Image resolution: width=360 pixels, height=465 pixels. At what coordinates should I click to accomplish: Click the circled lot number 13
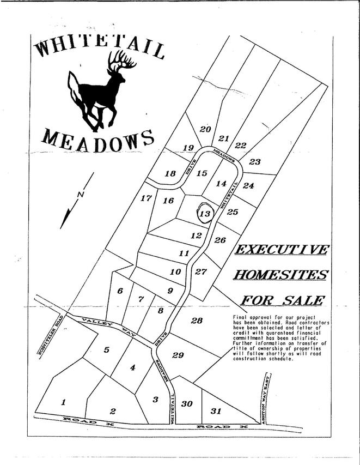tap(205, 214)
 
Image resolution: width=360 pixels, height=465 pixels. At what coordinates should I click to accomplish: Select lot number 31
tap(216, 410)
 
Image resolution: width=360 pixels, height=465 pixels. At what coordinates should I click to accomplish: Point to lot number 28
tap(197, 321)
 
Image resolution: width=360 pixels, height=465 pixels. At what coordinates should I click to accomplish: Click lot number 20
tap(205, 129)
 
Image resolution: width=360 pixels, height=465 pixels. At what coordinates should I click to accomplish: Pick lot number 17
tap(145, 198)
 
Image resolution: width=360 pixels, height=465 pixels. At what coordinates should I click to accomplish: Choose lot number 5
tap(107, 350)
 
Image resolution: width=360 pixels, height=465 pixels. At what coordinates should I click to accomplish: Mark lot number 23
tap(255, 161)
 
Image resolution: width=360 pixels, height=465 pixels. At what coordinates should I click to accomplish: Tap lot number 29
tap(178, 355)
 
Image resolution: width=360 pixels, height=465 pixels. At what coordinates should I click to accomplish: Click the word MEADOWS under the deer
tap(97, 138)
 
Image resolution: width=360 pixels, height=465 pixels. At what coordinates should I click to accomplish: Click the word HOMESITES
tap(280, 274)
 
